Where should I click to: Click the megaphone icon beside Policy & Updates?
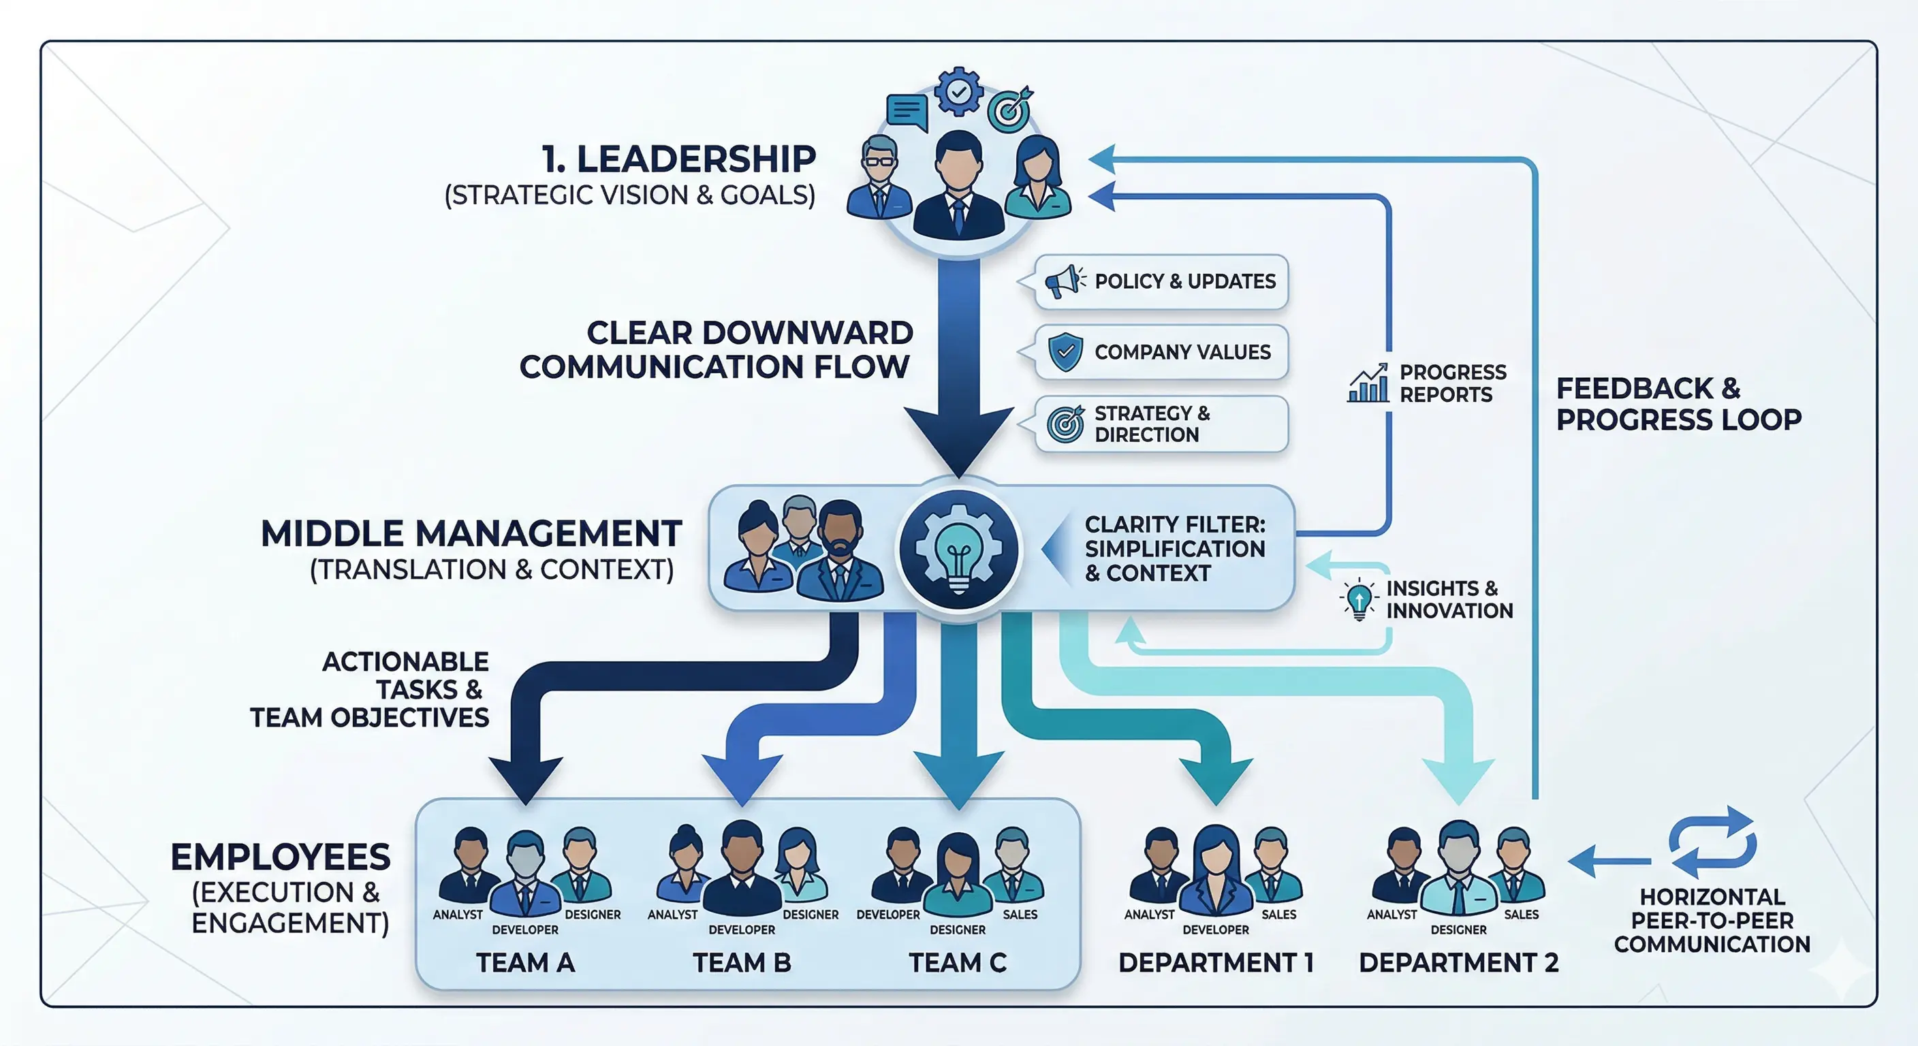click(x=1064, y=281)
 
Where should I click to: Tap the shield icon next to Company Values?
click(x=1065, y=351)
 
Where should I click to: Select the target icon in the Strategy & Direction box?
click(x=1065, y=424)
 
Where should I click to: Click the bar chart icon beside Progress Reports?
click(x=1368, y=383)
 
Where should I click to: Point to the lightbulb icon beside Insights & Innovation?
click(x=1359, y=599)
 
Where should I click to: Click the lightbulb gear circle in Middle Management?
click(x=958, y=550)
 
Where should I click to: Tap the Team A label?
click(x=525, y=963)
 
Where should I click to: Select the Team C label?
click(x=958, y=963)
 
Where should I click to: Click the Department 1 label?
click(x=1215, y=963)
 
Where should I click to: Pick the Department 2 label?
click(x=1458, y=963)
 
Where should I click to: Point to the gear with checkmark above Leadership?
click(x=958, y=91)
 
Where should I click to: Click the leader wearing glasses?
click(x=879, y=178)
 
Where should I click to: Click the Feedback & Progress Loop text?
click(x=1678, y=404)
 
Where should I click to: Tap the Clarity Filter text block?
click(x=1174, y=549)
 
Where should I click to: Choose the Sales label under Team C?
click(x=1020, y=914)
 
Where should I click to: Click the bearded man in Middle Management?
click(x=840, y=551)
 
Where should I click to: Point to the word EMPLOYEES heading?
click(x=281, y=857)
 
